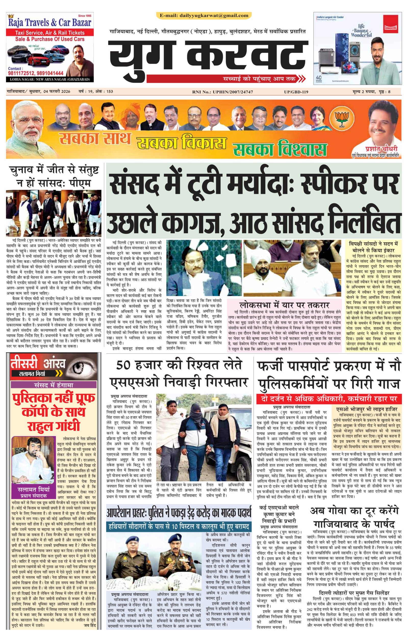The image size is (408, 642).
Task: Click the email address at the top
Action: point(204,16)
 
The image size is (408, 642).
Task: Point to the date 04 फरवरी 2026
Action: point(56,92)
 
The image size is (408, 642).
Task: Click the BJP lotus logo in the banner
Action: point(339,118)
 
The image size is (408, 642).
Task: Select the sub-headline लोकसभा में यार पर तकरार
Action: point(284,305)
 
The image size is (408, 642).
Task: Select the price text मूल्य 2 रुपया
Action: point(361,92)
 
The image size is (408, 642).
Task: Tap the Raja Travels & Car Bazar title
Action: point(50,22)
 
